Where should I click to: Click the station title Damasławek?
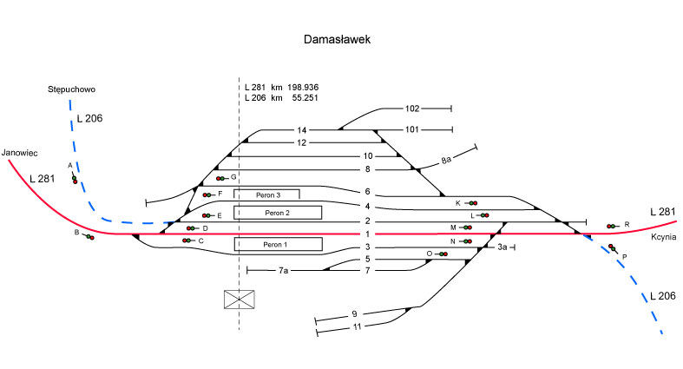pyautogui.click(x=341, y=40)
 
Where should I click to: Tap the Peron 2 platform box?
pyautogui.click(x=277, y=212)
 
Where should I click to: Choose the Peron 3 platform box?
pyautogui.click(x=266, y=194)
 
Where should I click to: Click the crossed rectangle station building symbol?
pyautogui.click(x=240, y=299)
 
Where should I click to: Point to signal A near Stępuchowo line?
pyautogui.click(x=75, y=179)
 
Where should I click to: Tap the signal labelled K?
pyautogui.click(x=472, y=203)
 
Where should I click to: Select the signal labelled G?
pyautogui.click(x=220, y=177)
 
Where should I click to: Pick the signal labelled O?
pyautogui.click(x=442, y=254)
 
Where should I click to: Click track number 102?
pyautogui.click(x=412, y=109)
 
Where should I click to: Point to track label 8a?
pyautogui.click(x=446, y=161)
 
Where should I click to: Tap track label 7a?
pyautogui.click(x=283, y=271)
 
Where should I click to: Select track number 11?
pyautogui.click(x=356, y=326)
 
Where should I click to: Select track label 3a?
pyautogui.click(x=502, y=247)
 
